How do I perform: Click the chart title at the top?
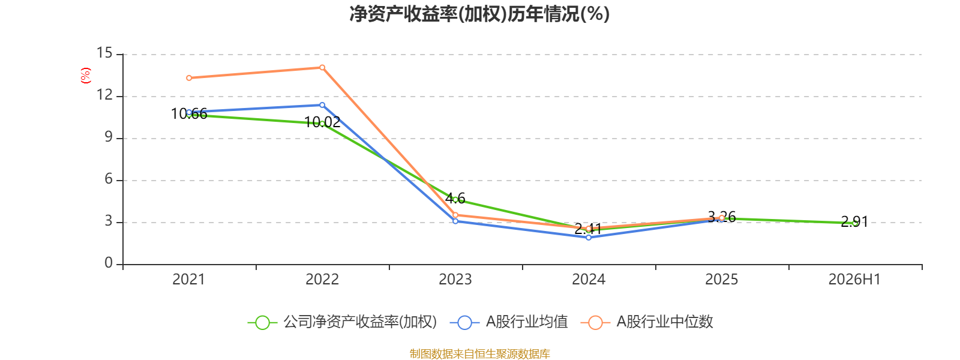479,14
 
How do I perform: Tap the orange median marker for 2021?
189,78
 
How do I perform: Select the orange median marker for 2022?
322,67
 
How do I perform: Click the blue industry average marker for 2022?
322,105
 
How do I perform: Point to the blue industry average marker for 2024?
589,238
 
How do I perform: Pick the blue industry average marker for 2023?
455,221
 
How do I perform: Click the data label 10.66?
189,114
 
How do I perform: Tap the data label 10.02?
322,122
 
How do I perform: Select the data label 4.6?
455,199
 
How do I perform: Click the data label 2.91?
854,221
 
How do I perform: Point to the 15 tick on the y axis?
104,53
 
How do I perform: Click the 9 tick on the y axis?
109,137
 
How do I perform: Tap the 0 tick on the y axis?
109,263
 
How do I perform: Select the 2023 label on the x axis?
455,280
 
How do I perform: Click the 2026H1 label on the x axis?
854,280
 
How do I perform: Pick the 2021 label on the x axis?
189,280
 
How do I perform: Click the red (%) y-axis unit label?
86,76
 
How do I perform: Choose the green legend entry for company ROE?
343,322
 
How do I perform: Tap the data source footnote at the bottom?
479,354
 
